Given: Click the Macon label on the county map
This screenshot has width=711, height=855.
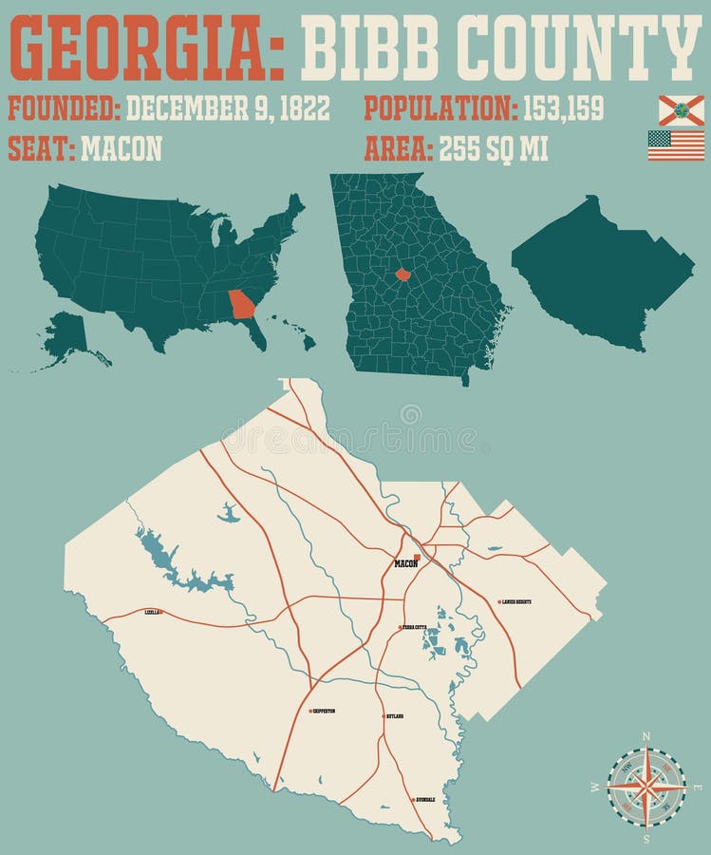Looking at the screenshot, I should (x=405, y=564).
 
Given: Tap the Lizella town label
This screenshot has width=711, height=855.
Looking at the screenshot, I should (x=152, y=613).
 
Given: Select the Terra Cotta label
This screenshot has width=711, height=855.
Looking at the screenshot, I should (x=415, y=628).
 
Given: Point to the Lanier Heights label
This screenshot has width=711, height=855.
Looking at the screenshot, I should (x=517, y=602).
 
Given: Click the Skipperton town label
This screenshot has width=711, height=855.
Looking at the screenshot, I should (x=324, y=711).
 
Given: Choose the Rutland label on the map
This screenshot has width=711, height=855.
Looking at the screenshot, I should (x=395, y=716).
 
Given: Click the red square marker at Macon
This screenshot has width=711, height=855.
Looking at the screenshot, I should (x=416, y=557).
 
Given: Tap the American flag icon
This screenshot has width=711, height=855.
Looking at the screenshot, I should (x=676, y=145).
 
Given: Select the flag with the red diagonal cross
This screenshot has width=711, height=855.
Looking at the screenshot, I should (x=681, y=110).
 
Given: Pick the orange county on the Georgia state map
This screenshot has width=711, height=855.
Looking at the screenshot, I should (x=402, y=275).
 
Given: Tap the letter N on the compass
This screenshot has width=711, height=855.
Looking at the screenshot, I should (x=646, y=736).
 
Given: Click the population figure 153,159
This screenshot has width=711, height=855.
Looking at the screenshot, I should (x=563, y=109).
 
